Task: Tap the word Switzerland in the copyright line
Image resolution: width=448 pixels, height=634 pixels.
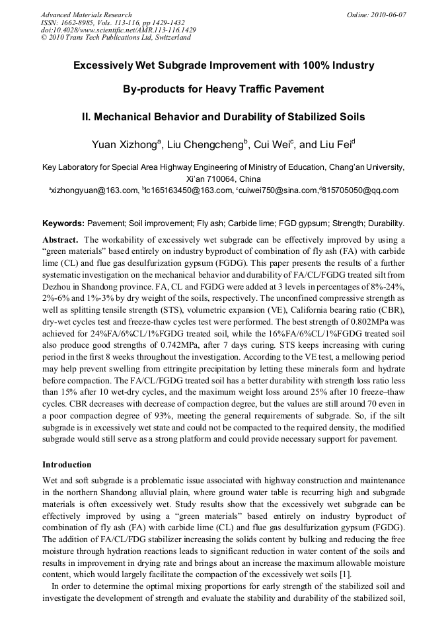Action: tap(170, 38)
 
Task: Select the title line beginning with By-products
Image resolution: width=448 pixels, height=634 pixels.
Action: tap(223, 89)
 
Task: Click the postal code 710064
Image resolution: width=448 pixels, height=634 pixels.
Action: tap(216, 179)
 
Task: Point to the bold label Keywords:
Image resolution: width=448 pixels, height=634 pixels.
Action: tap(63, 223)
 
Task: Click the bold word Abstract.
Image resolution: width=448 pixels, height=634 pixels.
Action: tap(61, 239)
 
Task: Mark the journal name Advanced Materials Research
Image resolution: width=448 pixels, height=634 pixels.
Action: tap(86, 15)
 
